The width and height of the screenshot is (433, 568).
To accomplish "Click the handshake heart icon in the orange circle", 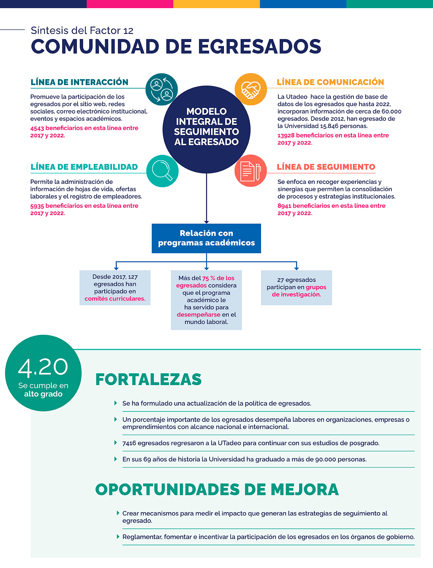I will point(251,89).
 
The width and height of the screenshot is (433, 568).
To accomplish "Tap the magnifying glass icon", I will point(162,170).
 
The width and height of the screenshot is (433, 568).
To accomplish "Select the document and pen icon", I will point(251,171).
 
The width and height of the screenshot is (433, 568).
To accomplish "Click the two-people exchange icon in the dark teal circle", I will point(162,89).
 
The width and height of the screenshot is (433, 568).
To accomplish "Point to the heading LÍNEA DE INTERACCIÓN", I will point(79,82).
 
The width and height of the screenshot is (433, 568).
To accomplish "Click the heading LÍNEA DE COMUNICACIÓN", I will point(330,82).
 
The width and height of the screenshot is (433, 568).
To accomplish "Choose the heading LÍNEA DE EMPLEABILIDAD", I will point(84,167).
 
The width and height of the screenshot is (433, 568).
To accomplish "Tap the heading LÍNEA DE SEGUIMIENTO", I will point(326,167).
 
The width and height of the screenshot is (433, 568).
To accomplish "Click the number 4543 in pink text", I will point(37,128).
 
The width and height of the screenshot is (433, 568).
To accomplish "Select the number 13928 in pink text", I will point(286,136).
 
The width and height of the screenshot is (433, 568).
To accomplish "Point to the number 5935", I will point(37,206).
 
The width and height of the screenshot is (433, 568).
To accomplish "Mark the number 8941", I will point(284,206).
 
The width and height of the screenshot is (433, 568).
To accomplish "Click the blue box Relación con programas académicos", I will point(206,238).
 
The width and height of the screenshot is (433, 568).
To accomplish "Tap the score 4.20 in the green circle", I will point(43,367).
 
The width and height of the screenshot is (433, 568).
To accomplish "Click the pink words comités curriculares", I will point(115,299).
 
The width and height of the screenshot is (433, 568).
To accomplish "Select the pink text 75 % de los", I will point(218,278).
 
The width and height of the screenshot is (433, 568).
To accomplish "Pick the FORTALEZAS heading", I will point(149,379).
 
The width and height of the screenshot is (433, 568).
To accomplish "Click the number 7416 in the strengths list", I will point(129,443).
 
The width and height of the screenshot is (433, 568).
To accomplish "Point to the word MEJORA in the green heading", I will point(304,490).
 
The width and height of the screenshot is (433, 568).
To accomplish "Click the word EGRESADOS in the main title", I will point(259,47).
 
